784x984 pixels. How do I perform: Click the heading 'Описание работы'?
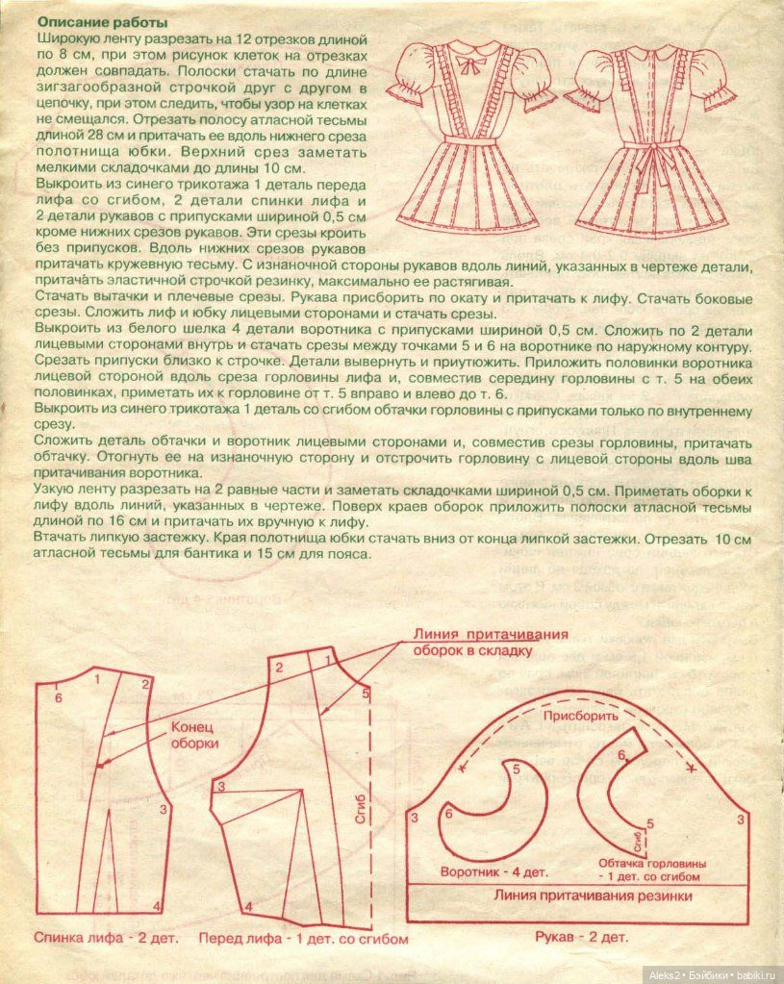tap(100, 21)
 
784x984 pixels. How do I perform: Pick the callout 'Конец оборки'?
tap(196, 735)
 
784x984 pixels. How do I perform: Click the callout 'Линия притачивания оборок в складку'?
tap(491, 642)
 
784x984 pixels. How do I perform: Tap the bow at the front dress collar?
tap(470, 64)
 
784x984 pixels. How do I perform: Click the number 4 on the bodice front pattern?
tap(248, 906)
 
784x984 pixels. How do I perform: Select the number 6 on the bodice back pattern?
tap(59, 696)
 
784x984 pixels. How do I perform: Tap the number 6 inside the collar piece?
tap(448, 814)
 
